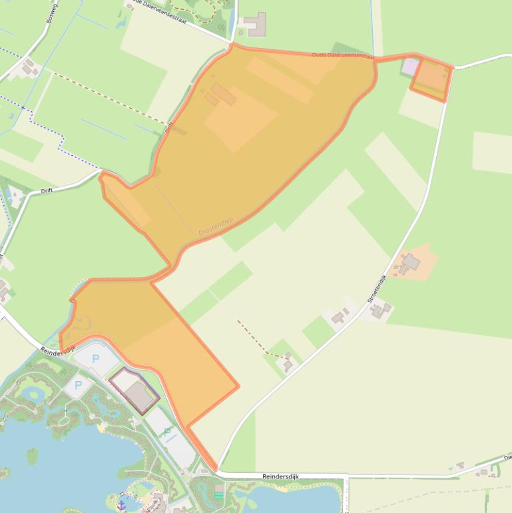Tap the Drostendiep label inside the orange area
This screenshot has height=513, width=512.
tap(216, 226)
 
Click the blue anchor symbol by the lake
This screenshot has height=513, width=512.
tap(123, 496)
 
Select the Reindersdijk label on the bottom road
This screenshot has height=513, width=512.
tap(280, 476)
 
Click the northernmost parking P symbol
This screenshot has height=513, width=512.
tap(95, 359)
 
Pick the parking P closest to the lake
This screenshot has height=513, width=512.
tap(78, 385)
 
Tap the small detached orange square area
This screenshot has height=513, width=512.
tap(430, 79)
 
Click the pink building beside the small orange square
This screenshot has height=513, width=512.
tap(410, 66)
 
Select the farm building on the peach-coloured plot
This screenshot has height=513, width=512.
tap(411, 262)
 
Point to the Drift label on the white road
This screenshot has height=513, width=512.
tap(47, 191)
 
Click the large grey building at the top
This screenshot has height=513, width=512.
tap(255, 25)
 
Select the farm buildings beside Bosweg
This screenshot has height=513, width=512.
tap(29, 67)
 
